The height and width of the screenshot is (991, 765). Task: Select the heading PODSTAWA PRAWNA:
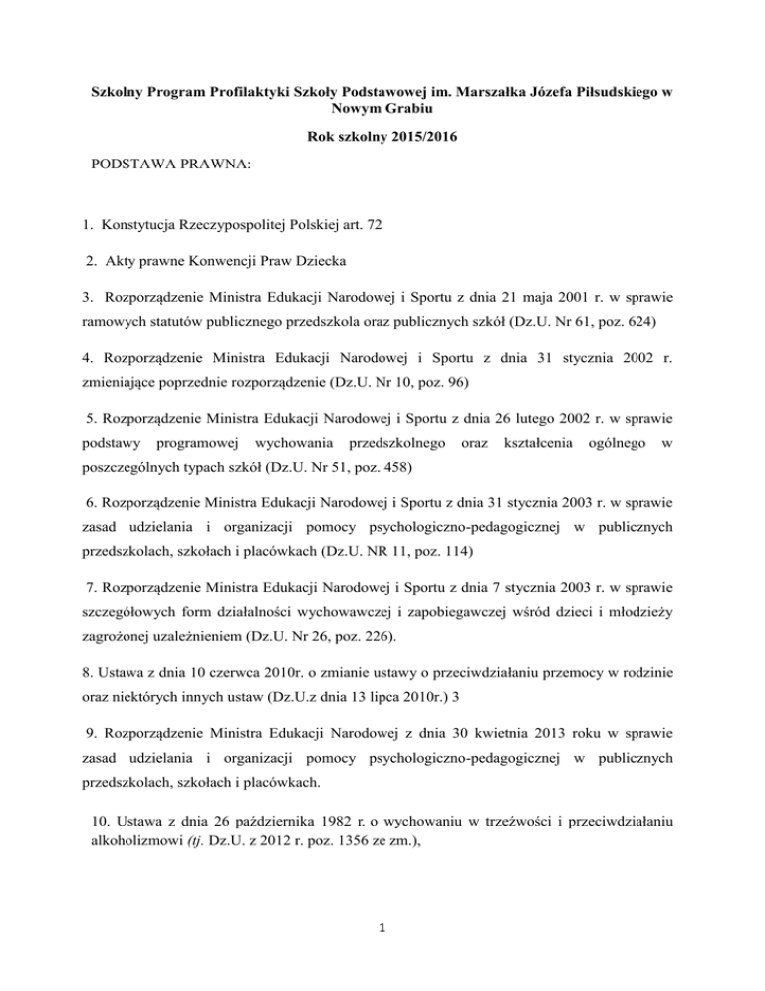point(156,160)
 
